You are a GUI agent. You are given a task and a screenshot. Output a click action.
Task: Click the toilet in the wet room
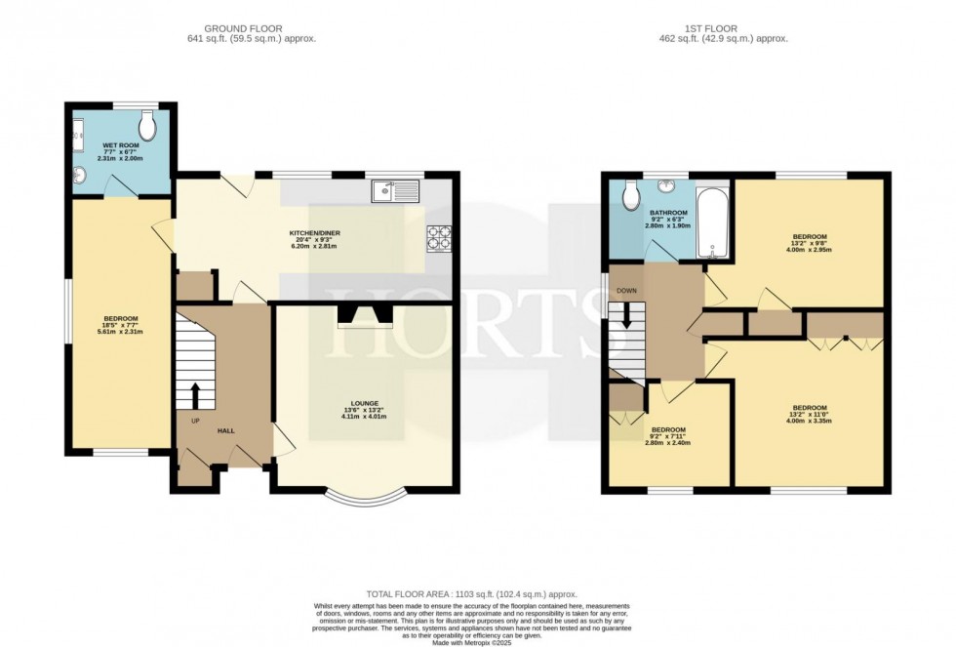(147, 125)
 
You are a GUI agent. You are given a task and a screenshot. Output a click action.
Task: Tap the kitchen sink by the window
(394, 191)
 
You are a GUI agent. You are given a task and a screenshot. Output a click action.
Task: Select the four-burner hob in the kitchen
(439, 236)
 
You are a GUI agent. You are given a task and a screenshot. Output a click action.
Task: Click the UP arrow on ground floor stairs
(194, 395)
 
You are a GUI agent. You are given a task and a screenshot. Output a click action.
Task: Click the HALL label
(225, 429)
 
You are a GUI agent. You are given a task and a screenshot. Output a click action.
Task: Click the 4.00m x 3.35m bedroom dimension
(809, 421)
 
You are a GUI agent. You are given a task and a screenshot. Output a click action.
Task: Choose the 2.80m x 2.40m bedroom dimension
(668, 443)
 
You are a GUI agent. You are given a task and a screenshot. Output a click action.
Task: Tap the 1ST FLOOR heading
(723, 29)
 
